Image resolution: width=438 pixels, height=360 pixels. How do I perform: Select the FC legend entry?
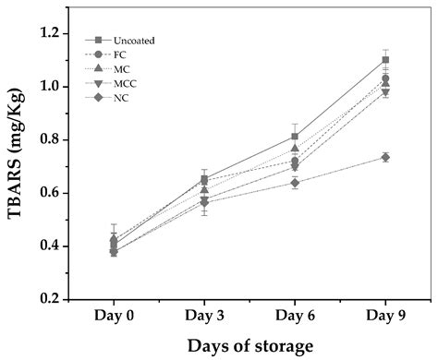pos(118,54)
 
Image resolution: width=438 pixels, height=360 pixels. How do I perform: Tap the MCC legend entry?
pos(124,84)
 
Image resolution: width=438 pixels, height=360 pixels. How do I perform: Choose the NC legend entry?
pos(118,99)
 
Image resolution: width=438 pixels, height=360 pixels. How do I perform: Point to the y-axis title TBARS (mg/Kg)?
pos(18,166)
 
